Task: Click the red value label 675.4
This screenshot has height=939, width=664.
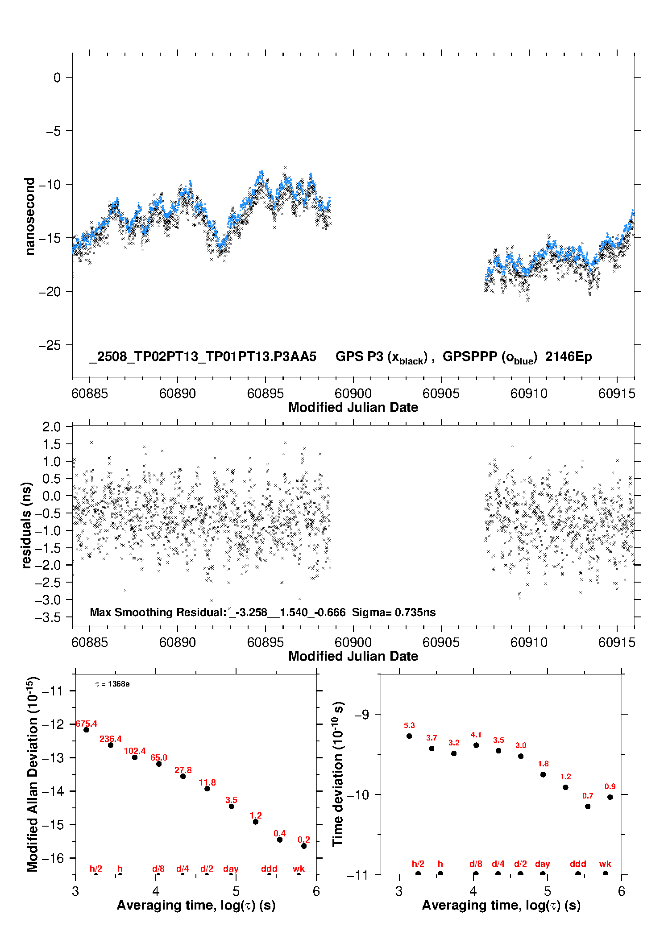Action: click(86, 724)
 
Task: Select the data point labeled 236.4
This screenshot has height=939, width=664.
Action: click(111, 745)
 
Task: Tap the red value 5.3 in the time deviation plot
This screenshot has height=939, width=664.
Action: click(409, 725)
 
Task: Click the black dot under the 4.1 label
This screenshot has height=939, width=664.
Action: click(476, 745)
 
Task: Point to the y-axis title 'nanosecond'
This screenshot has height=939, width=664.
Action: click(29, 216)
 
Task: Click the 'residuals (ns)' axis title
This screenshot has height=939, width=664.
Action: click(27, 525)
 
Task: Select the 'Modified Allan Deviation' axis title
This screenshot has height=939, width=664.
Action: click(33, 774)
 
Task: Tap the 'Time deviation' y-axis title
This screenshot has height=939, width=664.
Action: click(338, 774)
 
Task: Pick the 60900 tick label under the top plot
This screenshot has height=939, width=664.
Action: click(353, 393)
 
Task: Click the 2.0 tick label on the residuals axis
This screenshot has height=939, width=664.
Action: click(52, 427)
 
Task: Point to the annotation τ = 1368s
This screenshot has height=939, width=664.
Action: click(112, 684)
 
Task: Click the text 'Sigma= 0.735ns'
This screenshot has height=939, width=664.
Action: click(394, 612)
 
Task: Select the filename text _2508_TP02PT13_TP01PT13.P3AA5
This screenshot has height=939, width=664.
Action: click(203, 356)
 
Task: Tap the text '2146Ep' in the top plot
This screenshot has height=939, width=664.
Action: click(569, 357)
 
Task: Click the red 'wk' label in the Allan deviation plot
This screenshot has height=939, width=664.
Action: click(299, 869)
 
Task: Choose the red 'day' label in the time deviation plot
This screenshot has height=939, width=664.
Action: click(543, 864)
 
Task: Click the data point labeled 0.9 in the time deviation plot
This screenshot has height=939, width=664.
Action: click(610, 797)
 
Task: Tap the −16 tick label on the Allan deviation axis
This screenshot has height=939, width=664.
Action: click(52, 858)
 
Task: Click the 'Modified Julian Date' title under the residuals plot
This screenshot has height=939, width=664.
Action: click(353, 656)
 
